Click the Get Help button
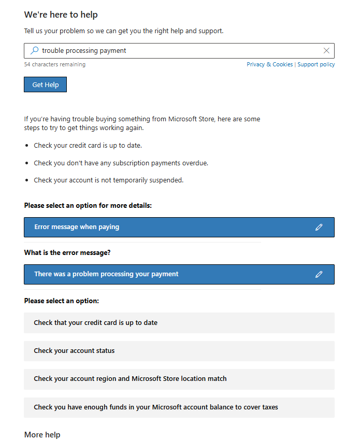point(45,84)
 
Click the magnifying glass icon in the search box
point(35,50)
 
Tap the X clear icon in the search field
point(326,50)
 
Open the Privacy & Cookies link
point(269,64)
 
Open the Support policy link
point(316,64)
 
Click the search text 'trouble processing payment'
point(84,50)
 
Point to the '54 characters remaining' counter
point(54,64)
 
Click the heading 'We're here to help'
point(61,15)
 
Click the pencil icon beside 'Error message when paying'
point(319,227)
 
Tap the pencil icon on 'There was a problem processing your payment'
point(319,274)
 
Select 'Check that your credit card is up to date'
point(95,322)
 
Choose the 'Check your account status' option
point(74,350)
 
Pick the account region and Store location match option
point(130,378)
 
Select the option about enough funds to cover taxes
point(155,407)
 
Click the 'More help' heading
point(42,434)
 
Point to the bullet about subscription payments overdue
point(121,163)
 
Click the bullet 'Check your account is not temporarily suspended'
point(108,180)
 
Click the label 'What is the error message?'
point(67,252)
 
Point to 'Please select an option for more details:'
point(88,205)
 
